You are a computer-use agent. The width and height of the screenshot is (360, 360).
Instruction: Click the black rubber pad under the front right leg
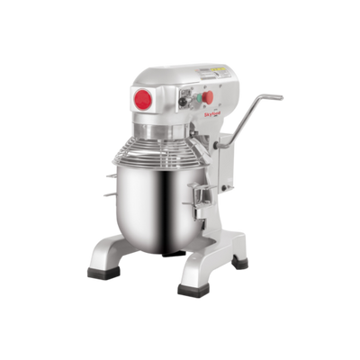192,291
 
